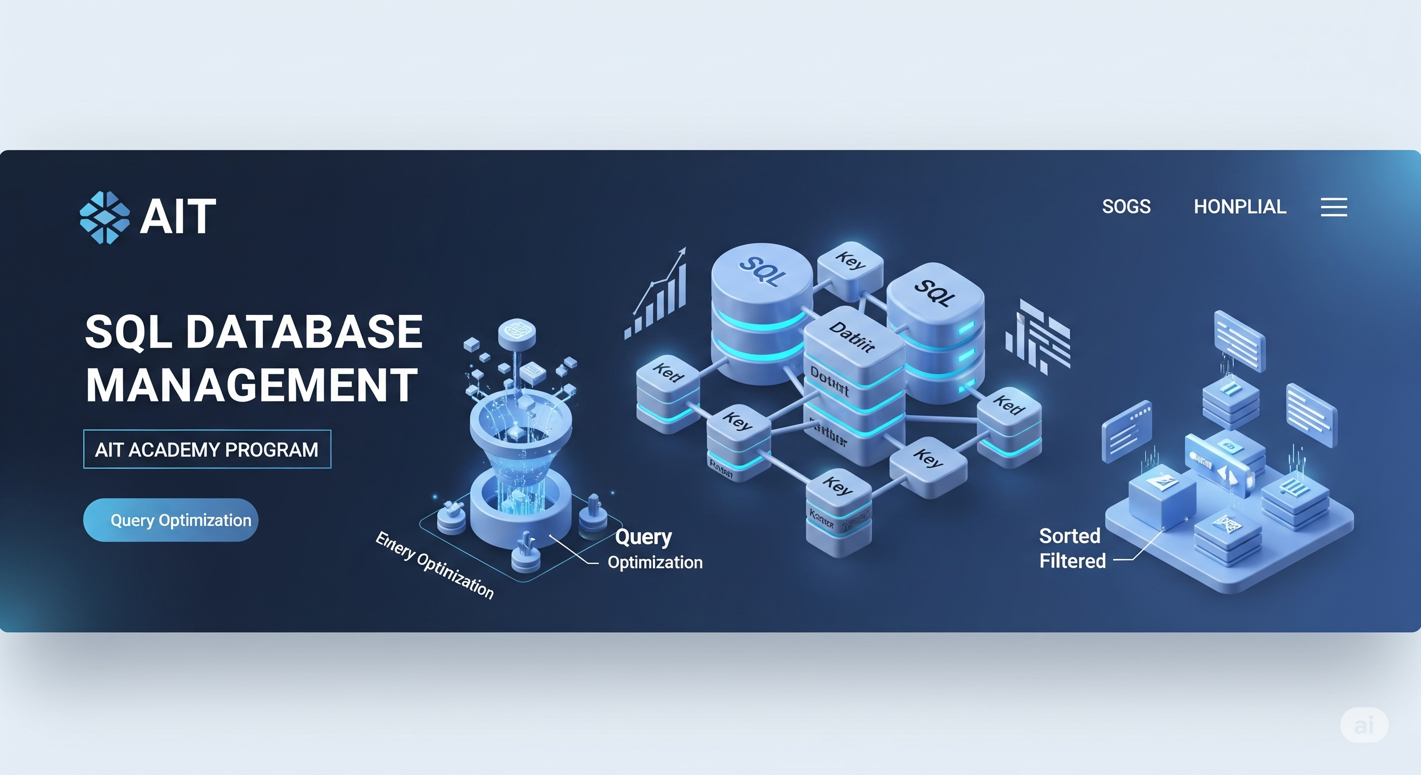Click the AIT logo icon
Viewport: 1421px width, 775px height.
click(105, 217)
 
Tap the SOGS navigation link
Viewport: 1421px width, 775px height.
click(1126, 207)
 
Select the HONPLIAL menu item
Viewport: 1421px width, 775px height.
click(1239, 207)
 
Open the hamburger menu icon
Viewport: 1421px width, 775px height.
click(1333, 207)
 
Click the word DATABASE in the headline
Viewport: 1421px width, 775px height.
click(304, 331)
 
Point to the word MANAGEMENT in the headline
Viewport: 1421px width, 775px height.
click(251, 385)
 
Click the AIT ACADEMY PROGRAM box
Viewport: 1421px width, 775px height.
click(207, 450)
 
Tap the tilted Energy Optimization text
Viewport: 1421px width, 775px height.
click(434, 566)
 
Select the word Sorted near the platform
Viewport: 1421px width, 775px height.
click(1069, 536)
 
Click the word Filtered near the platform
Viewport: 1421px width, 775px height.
click(1072, 561)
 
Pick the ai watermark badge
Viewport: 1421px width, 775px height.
click(1363, 725)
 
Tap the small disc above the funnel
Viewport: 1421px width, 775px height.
click(516, 332)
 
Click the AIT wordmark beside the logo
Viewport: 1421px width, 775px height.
click(178, 217)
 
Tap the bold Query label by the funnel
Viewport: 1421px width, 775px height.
click(643, 536)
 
